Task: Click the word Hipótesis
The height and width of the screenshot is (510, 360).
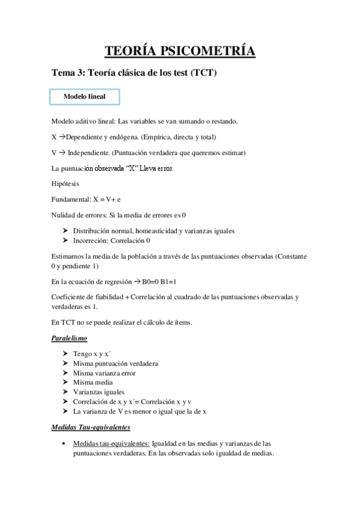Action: coord(65,183)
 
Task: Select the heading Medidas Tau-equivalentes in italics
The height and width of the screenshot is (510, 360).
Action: coord(91,428)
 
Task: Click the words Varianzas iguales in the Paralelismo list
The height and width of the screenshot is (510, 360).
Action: coord(95,392)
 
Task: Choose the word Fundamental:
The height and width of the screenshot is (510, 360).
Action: coord(71,198)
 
